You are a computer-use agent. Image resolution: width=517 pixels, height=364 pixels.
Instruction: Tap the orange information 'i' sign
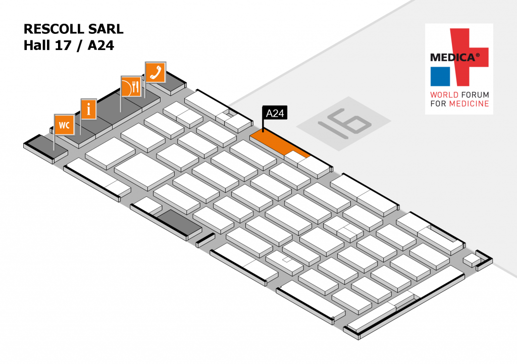[89, 109]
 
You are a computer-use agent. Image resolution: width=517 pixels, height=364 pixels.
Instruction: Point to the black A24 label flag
[275, 114]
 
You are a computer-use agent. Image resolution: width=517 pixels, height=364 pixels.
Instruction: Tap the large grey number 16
[343, 123]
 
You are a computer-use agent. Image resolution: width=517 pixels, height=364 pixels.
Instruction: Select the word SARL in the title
[108, 29]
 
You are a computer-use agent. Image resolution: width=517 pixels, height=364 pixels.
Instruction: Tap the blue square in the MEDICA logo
[440, 76]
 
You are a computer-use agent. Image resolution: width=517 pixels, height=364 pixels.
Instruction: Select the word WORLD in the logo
[444, 95]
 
